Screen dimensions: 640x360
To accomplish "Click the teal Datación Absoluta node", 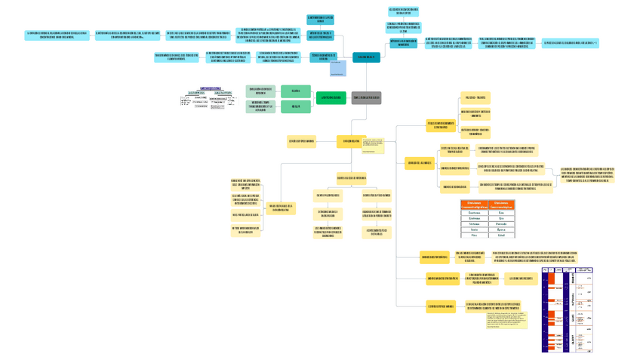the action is pyautogui.click(x=366, y=57).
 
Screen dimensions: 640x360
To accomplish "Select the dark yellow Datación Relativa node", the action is pyautogui.click(x=351, y=141).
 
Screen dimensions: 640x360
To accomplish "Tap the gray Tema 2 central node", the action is pyautogui.click(x=366, y=97).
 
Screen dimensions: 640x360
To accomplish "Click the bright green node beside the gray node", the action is pyautogui.click(x=330, y=97).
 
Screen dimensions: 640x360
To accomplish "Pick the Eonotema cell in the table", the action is pyautogui.click(x=474, y=213).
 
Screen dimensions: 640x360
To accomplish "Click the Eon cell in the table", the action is pyautogui.click(x=501, y=213).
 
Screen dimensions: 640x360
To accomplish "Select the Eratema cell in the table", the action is pyautogui.click(x=474, y=219).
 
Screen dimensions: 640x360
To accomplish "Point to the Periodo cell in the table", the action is pyautogui.click(x=501, y=224).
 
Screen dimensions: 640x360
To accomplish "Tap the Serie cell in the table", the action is pyautogui.click(x=474, y=229).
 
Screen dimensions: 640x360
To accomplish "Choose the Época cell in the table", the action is pyautogui.click(x=501, y=229).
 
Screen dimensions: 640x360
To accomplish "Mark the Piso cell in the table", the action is pyautogui.click(x=474, y=235).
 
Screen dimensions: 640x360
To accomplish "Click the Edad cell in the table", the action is pyautogui.click(x=501, y=235).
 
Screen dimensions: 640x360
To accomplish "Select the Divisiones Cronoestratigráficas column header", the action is pyautogui.click(x=474, y=205).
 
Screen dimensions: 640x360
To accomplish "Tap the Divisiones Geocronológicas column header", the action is pyautogui.click(x=501, y=205).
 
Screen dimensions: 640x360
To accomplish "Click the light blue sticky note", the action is pyautogui.click(x=337, y=69).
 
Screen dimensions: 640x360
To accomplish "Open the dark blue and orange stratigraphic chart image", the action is pyautogui.click(x=567, y=309).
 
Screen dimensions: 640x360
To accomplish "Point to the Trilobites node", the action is pyautogui.click(x=475, y=97).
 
